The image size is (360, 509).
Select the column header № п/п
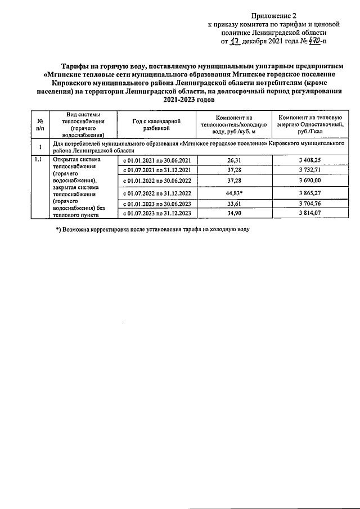click(x=40, y=124)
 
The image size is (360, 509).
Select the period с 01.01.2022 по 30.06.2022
click(x=157, y=181)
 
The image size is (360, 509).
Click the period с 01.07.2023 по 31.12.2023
click(x=157, y=213)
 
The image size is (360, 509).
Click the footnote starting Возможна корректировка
click(x=152, y=229)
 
